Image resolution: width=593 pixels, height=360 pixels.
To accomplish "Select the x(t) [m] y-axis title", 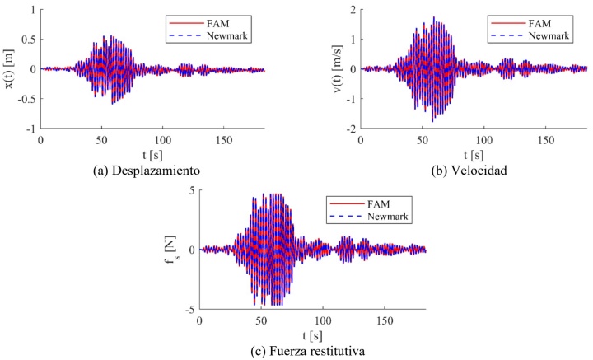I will coord(11,68).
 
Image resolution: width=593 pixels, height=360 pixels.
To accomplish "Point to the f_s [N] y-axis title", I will coord(172,250).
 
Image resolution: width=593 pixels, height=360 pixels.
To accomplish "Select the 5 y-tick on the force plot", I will coord(192,190).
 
